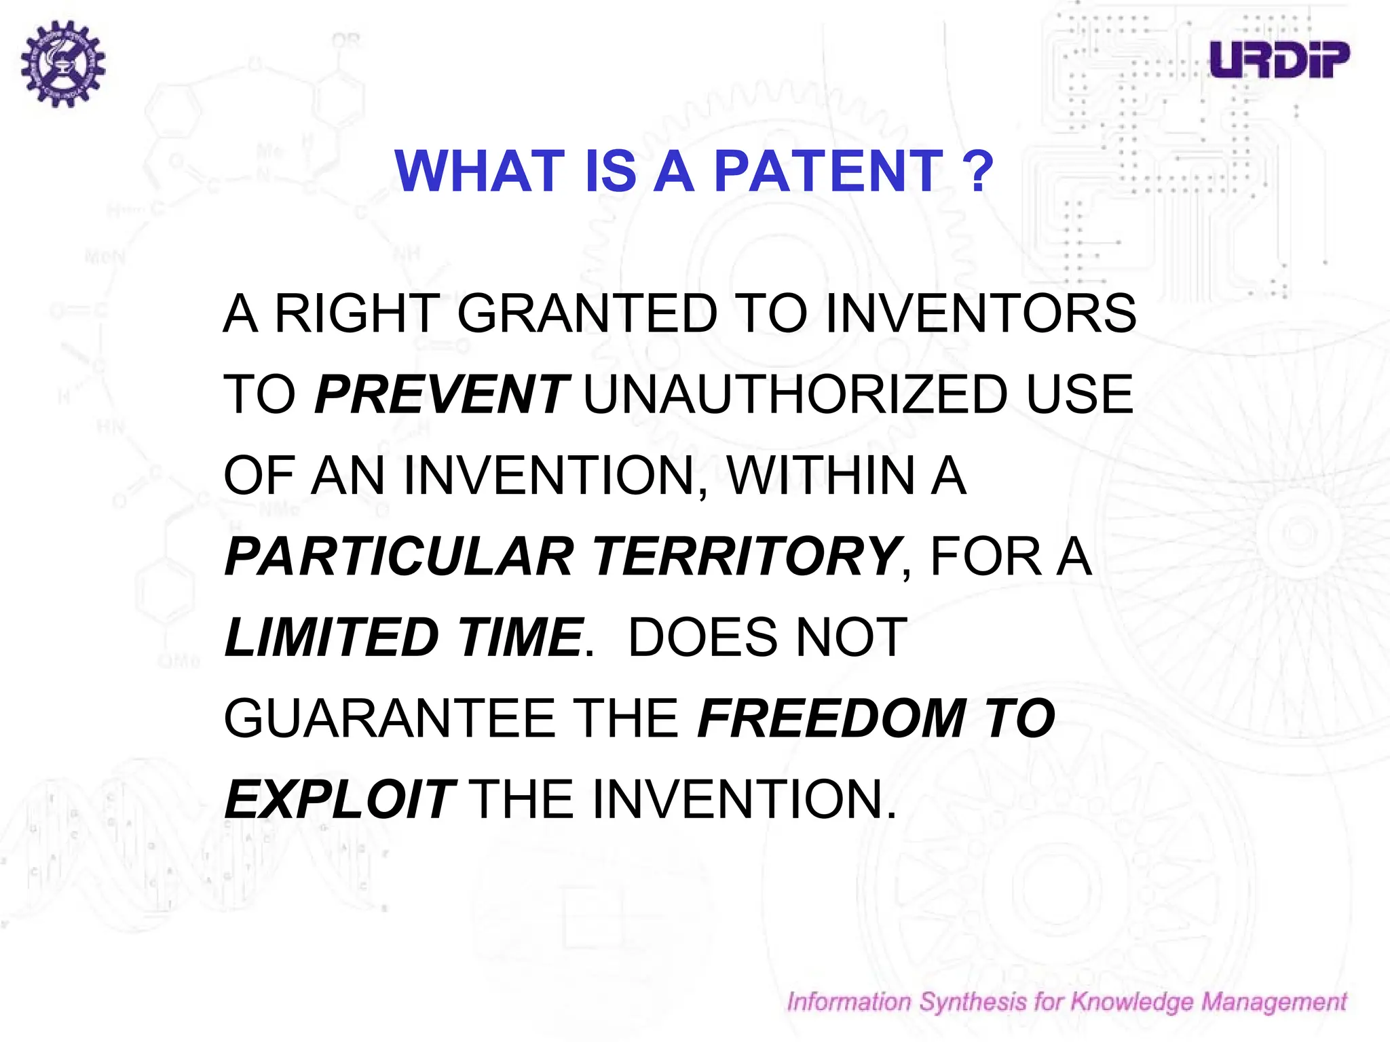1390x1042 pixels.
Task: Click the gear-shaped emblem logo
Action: [x=62, y=63]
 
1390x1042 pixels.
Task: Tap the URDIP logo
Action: [x=1279, y=60]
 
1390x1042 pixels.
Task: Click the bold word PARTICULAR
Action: [x=399, y=556]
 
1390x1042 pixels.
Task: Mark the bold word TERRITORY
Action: [x=747, y=556]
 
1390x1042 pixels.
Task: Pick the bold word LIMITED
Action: [x=332, y=637]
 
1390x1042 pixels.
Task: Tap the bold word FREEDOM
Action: [x=832, y=718]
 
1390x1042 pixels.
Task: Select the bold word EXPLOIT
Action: [x=339, y=799]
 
